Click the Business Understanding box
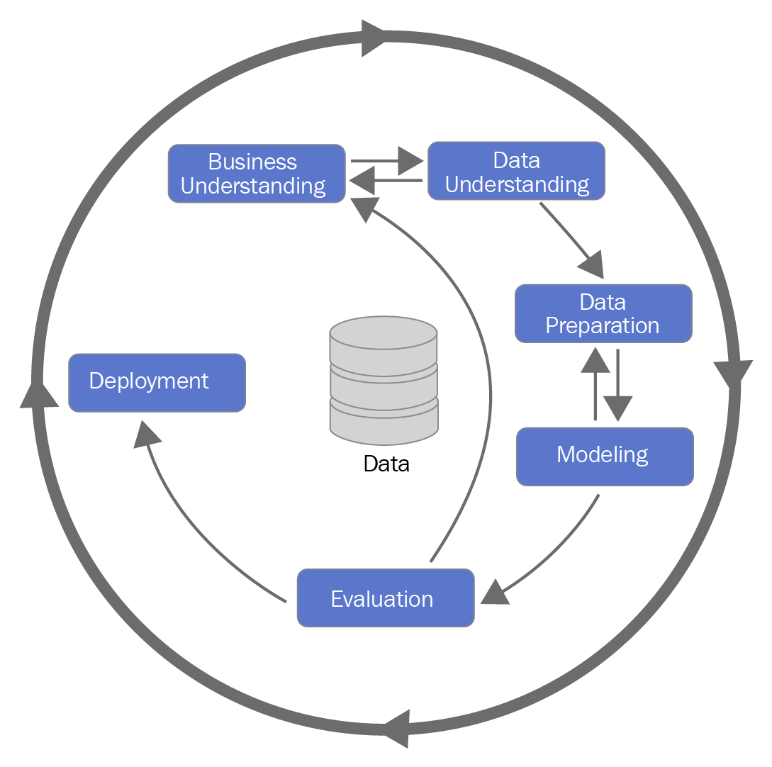(256, 174)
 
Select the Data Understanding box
(516, 172)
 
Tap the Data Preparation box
(603, 313)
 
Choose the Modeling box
(604, 457)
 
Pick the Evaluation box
(385, 598)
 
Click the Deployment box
(157, 383)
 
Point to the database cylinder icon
(384, 381)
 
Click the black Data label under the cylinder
(386, 464)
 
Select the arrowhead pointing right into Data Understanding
(409, 161)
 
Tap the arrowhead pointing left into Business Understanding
(362, 181)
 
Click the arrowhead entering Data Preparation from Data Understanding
(592, 265)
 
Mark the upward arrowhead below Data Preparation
(595, 359)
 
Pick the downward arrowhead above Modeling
(618, 408)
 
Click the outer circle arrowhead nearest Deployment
(39, 394)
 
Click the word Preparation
(603, 325)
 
